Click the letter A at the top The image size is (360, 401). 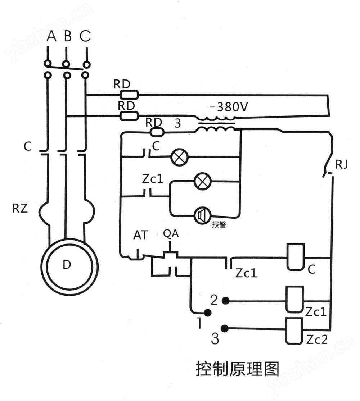tap(52, 36)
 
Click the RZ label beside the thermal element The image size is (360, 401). tap(20, 209)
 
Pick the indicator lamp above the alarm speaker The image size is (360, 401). tap(202, 182)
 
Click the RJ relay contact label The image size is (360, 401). tap(342, 165)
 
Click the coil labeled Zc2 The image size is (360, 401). tap(295, 331)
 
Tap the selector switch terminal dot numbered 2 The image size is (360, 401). tap(225, 301)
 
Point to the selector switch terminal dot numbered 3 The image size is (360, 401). tap(225, 328)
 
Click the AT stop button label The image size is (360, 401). tap(140, 235)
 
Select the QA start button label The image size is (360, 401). tap(171, 233)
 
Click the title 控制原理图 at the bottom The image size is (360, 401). tap(238, 369)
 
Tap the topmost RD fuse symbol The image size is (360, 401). tap(129, 95)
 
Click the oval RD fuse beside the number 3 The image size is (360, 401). tap(157, 132)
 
